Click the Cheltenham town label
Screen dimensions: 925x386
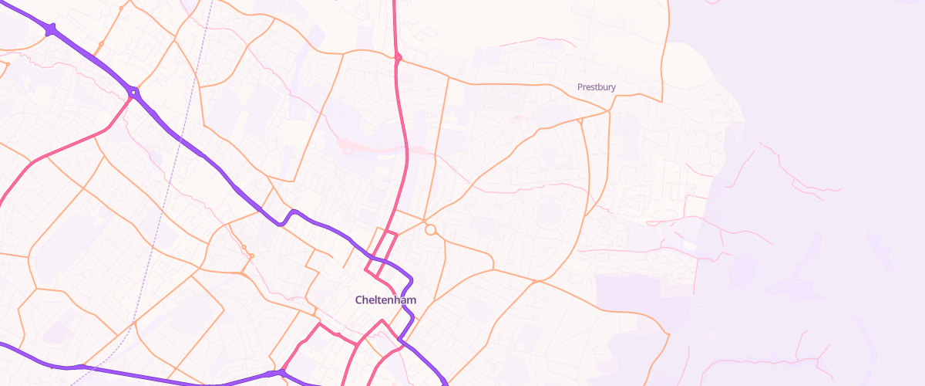coord(386,300)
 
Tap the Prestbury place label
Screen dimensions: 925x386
coord(597,87)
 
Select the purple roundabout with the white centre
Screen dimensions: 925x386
coord(134,93)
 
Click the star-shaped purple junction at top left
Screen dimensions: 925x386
coord(51,30)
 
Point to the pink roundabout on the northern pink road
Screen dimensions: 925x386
coord(398,57)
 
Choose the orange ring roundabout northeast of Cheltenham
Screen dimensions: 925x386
coord(431,230)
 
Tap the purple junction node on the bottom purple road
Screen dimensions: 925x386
coord(281,373)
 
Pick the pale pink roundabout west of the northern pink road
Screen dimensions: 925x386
coord(346,148)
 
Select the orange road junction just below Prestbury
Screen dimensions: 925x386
coord(609,111)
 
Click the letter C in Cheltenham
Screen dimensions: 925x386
coord(359,300)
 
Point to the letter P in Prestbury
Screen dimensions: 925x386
coord(580,87)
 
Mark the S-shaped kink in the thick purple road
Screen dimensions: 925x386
coord(287,218)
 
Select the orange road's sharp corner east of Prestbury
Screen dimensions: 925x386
coord(661,100)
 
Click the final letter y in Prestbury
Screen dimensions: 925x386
coord(614,89)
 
